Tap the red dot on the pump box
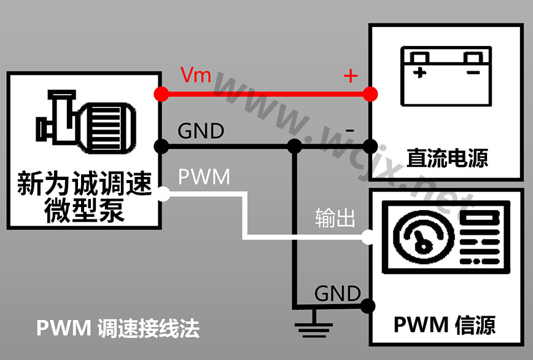click(x=161, y=94)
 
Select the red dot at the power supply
click(x=369, y=94)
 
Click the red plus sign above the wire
click(x=350, y=76)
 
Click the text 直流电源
click(x=447, y=158)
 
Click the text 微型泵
click(x=84, y=209)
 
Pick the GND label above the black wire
click(x=201, y=131)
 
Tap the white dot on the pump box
click(x=162, y=195)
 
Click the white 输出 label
click(x=335, y=218)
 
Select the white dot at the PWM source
click(x=368, y=236)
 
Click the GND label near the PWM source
click(x=337, y=294)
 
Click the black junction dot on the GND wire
click(x=295, y=146)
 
